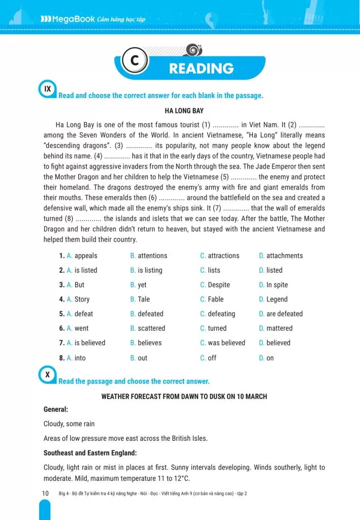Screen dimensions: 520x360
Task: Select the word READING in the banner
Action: pyautogui.click(x=201, y=69)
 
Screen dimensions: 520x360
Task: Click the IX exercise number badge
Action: pyautogui.click(x=48, y=89)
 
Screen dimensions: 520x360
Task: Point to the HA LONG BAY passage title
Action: pyautogui.click(x=184, y=110)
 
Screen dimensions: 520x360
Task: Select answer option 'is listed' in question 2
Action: pyautogui.click(x=85, y=270)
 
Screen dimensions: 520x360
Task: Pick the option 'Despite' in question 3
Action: pyautogui.click(x=218, y=285)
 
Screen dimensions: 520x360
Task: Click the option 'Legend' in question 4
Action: pyautogui.click(x=277, y=299)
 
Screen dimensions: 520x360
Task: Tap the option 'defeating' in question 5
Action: pyautogui.click(x=221, y=314)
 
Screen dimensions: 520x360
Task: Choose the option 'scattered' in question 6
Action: pyautogui.click(x=151, y=328)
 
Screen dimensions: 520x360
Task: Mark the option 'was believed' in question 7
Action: pyautogui.click(x=226, y=343)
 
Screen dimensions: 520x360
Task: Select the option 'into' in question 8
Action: pyautogui.click(x=80, y=358)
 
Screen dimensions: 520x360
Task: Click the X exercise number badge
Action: pyautogui.click(x=48, y=375)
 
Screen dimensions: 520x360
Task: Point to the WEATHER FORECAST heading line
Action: pyautogui.click(x=184, y=396)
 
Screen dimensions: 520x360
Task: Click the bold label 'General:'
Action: pyautogui.click(x=56, y=409)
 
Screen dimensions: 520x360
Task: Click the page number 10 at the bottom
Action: pyautogui.click(x=45, y=493)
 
